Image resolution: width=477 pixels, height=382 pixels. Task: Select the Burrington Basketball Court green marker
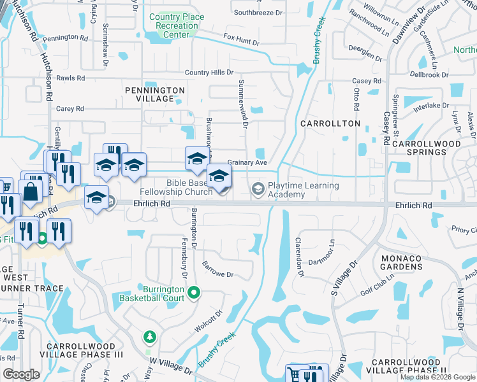pos(196,294)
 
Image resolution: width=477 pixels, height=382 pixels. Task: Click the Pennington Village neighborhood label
pos(158,94)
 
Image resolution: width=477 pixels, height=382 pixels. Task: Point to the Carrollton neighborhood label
pos(330,123)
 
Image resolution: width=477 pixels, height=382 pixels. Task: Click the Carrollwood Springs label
pos(427,148)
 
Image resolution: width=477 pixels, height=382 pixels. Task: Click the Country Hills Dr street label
pos(206,73)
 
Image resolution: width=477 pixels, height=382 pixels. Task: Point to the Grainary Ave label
pos(247,162)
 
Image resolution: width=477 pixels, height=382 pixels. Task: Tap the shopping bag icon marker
pos(30,190)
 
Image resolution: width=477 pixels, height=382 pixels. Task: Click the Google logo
pos(21,374)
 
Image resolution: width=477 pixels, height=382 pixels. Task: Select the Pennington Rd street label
pos(66,38)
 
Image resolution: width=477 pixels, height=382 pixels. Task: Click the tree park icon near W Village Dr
pos(149,336)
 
